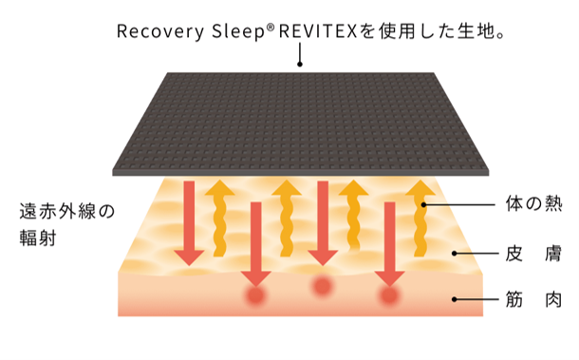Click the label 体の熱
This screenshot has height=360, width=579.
[x=535, y=204]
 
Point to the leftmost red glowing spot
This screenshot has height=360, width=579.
[x=254, y=298]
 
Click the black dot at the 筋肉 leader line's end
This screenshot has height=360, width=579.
[x=454, y=300]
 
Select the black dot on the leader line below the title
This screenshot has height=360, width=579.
[x=300, y=65]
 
